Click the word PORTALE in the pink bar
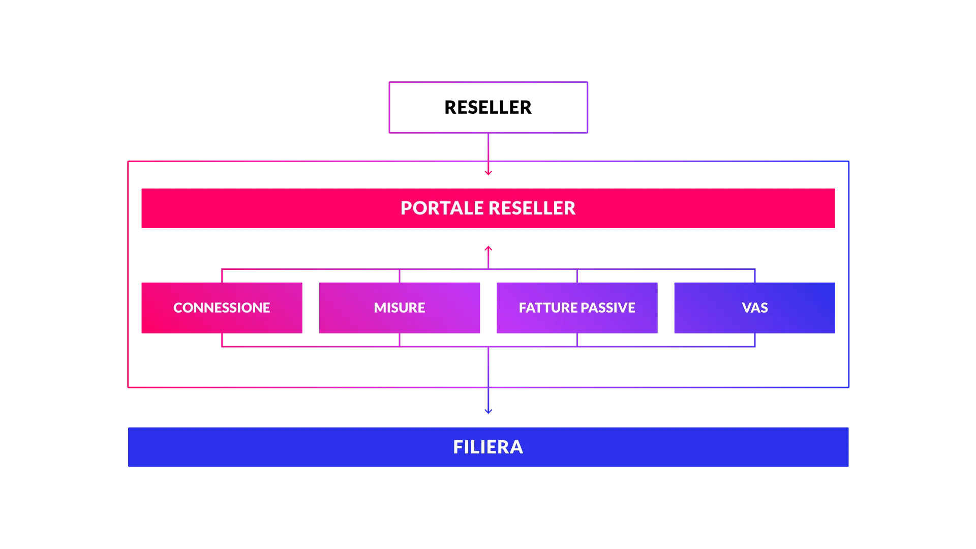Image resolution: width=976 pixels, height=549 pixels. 442,208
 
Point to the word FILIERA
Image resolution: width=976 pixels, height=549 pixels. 488,447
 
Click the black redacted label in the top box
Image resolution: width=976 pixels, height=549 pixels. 487,106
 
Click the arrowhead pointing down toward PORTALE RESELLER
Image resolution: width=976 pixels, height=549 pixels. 489,173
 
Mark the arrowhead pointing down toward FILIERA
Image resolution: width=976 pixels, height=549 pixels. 489,410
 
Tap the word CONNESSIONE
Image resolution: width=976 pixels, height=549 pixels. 222,308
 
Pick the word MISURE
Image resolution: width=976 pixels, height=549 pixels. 400,308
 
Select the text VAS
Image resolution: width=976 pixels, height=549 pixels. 755,308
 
